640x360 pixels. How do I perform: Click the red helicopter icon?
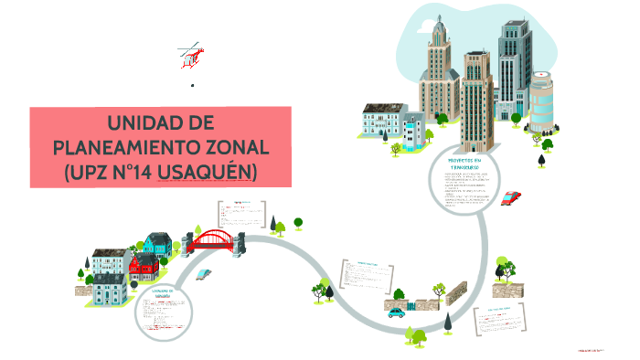(189, 57)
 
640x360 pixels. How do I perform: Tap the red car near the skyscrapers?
(512, 197)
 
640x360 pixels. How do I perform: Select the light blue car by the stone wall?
(395, 312)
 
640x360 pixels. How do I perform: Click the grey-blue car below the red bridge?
(206, 273)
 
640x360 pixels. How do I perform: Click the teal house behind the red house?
(156, 244)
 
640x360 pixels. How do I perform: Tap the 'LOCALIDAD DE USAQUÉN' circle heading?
(163, 293)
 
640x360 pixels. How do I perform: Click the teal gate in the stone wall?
(411, 302)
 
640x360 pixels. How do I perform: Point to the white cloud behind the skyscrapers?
(475, 27)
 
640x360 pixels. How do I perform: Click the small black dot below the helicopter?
(192, 85)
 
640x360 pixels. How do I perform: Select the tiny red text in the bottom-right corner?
(593, 350)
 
